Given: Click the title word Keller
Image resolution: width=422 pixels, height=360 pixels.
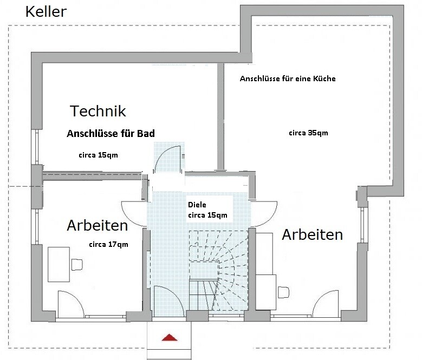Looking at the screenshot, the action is pyautogui.click(x=46, y=12).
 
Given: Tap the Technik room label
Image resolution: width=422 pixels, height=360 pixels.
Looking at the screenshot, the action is pyautogui.click(x=98, y=111).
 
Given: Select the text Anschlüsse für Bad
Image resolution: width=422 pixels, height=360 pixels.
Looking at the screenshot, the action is pyautogui.click(x=111, y=133).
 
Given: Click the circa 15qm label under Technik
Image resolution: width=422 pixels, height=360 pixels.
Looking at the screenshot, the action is pyautogui.click(x=98, y=155).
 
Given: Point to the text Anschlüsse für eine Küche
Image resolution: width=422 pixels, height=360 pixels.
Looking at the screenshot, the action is pyautogui.click(x=288, y=78).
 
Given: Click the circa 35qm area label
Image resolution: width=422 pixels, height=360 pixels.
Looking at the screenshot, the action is pyautogui.click(x=308, y=133).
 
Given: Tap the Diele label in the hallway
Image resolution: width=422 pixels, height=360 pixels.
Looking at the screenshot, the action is pyautogui.click(x=197, y=205).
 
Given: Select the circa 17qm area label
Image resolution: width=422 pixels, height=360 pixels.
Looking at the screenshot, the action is pyautogui.click(x=108, y=244).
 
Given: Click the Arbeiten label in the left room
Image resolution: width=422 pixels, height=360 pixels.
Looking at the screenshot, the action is pyautogui.click(x=98, y=225).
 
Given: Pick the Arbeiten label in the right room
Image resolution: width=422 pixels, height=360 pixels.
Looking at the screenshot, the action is pyautogui.click(x=313, y=235).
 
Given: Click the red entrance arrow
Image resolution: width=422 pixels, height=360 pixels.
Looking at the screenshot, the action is pyautogui.click(x=170, y=337).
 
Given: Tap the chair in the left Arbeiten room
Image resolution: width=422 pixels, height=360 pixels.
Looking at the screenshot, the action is pyautogui.click(x=77, y=265).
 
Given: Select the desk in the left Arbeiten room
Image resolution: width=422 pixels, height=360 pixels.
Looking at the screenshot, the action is pyautogui.click(x=59, y=264).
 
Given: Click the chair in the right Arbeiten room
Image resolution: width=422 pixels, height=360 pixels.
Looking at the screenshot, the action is pyautogui.click(x=283, y=292).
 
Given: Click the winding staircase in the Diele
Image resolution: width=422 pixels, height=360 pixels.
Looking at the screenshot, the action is pyautogui.click(x=218, y=270).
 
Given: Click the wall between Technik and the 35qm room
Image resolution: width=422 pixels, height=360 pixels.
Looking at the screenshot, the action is pyautogui.click(x=220, y=116).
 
